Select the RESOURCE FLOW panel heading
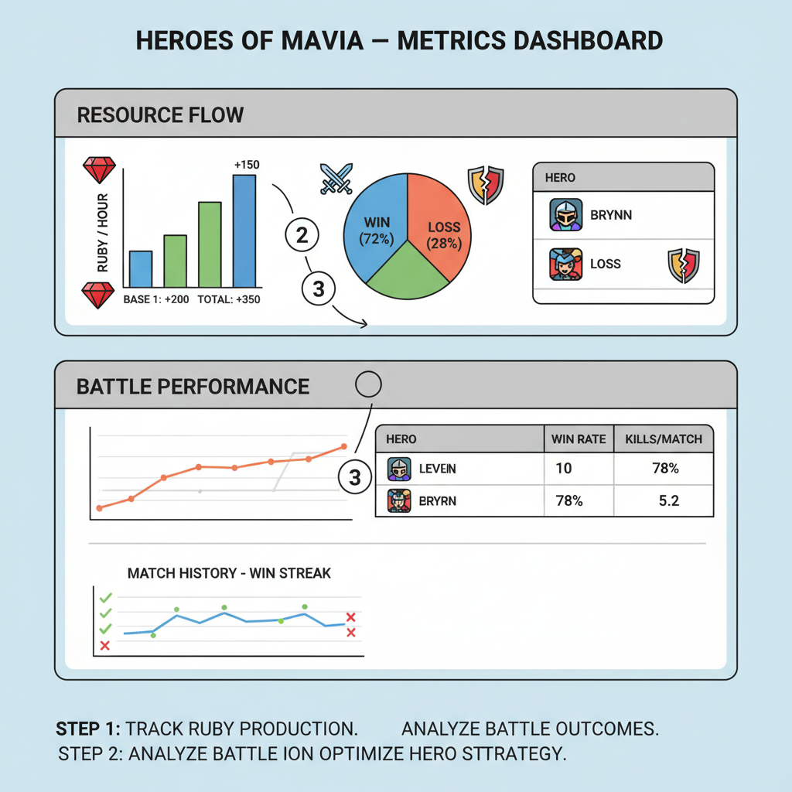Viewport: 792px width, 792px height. coord(160,115)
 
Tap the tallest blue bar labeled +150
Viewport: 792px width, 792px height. coord(244,230)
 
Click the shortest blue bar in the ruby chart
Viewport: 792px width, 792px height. coord(140,268)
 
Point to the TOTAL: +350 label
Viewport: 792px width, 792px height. coord(229,299)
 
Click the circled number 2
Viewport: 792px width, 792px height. coord(302,236)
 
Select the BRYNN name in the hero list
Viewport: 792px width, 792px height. coord(611,214)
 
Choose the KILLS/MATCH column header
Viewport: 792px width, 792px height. coord(663,439)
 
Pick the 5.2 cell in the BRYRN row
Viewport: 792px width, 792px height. coord(668,500)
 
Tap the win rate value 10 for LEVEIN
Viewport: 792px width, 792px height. coord(563,469)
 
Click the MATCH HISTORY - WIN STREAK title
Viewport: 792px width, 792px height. coord(229,573)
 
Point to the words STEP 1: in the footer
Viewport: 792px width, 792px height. coord(88,729)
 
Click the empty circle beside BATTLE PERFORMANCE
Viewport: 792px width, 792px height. coord(367,384)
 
